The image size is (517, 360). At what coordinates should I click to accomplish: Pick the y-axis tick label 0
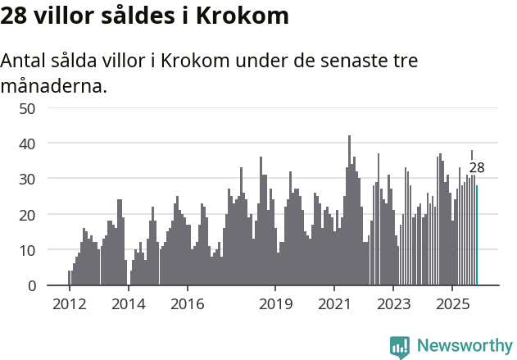pos(30,286)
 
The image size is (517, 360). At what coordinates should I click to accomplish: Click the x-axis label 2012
pos(69,304)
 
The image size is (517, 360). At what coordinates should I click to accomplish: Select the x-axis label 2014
pos(128,304)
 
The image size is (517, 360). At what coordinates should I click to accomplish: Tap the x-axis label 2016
pos(187,304)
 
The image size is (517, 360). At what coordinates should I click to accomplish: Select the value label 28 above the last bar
pos(477,168)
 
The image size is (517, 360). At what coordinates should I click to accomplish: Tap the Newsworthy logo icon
pos(400,347)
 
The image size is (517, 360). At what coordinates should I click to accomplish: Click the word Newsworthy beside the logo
pos(464,347)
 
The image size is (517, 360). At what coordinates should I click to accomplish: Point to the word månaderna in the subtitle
pos(54,84)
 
